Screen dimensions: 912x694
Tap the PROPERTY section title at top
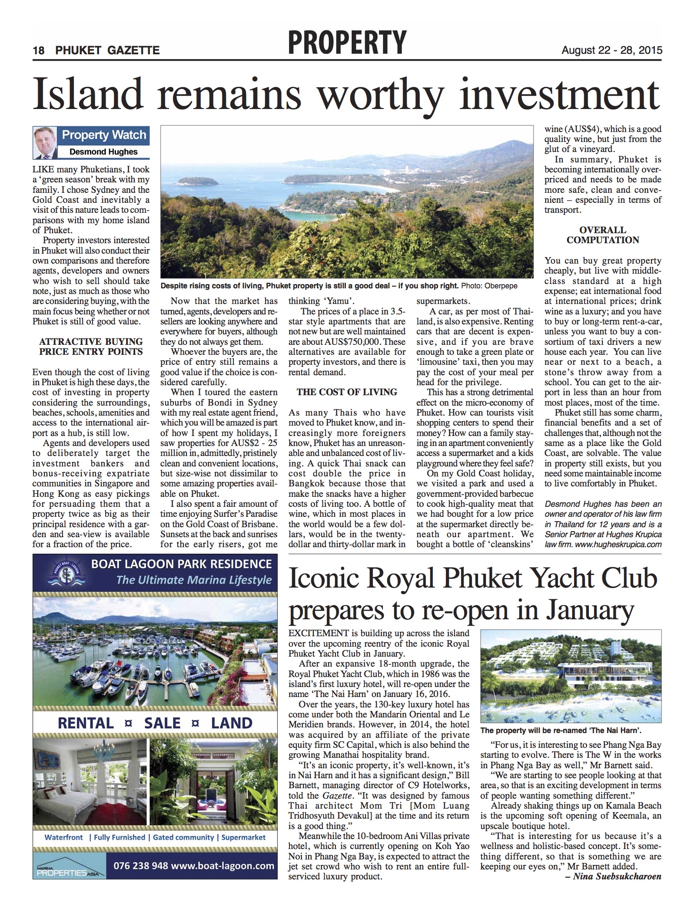tap(346, 43)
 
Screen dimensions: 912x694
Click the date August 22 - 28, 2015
tap(612, 50)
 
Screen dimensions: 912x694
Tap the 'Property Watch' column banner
tap(104, 135)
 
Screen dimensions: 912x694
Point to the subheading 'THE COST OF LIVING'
tap(347, 392)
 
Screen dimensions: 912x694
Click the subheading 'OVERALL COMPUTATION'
tap(603, 235)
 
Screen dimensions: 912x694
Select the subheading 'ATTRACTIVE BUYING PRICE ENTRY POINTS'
tap(91, 347)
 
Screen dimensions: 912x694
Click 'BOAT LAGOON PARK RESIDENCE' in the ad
tap(181, 564)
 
